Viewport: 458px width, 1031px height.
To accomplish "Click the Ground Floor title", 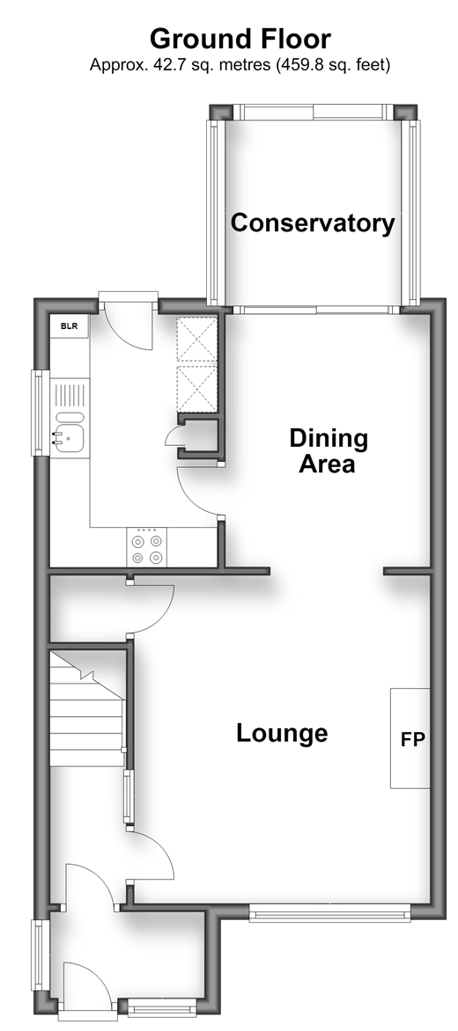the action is (x=240, y=39).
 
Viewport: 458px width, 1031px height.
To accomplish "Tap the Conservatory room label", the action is (x=313, y=223).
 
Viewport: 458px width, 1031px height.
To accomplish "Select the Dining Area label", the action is (x=329, y=450).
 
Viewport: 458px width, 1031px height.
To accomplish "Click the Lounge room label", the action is (x=282, y=733).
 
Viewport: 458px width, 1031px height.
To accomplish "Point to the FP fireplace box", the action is (x=410, y=738).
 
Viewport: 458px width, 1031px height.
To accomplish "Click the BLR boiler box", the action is (x=70, y=325).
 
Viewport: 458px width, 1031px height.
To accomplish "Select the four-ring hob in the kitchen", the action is (x=147, y=548).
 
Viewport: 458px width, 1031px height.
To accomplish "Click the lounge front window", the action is (x=329, y=912).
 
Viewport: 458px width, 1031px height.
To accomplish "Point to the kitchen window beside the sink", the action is (x=40, y=413).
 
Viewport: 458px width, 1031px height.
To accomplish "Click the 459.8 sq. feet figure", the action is (x=332, y=65).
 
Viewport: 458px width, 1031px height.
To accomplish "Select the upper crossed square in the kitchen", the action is (x=196, y=340).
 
